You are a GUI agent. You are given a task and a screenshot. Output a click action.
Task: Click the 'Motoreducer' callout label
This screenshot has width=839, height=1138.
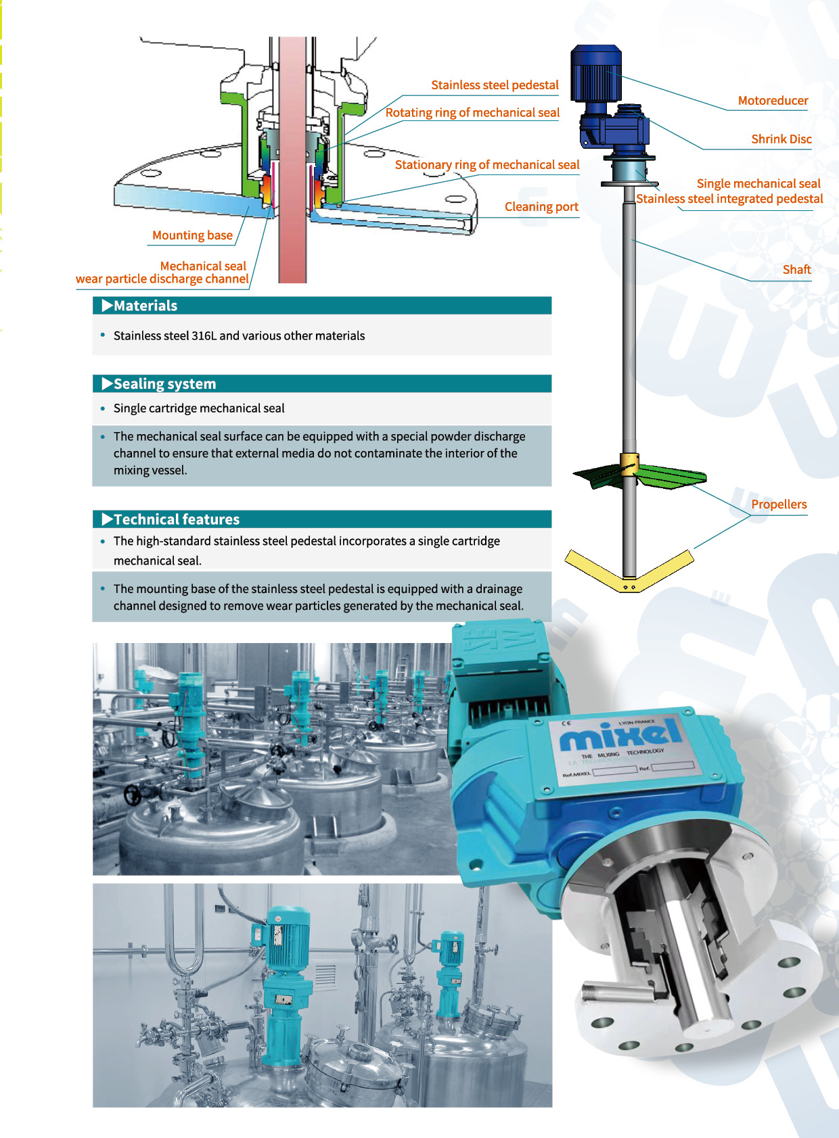click(773, 101)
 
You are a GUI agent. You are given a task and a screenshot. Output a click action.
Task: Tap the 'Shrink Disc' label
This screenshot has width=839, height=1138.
click(781, 139)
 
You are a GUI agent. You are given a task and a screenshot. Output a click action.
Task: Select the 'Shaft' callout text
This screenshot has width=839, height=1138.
click(797, 270)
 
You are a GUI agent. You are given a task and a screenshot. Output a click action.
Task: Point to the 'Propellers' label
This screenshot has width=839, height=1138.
click(779, 504)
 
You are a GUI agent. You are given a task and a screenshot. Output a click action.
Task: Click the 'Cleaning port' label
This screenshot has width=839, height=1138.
click(541, 207)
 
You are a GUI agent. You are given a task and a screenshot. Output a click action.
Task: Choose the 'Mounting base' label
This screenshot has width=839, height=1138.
click(192, 235)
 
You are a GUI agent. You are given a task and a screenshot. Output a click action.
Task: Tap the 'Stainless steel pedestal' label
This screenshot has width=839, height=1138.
click(495, 85)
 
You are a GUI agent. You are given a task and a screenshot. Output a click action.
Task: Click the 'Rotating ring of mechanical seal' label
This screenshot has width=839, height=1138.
click(472, 113)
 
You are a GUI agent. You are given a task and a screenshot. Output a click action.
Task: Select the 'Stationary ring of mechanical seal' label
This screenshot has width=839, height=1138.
click(487, 165)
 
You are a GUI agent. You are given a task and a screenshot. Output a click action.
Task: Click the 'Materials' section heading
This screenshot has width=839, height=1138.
click(145, 306)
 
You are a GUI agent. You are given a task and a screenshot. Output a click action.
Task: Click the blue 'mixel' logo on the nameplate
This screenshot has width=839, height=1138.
click(620, 734)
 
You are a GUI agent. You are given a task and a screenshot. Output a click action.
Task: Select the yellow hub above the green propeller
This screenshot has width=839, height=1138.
click(629, 464)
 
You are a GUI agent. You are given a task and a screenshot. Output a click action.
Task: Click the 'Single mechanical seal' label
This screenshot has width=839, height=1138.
click(758, 184)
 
